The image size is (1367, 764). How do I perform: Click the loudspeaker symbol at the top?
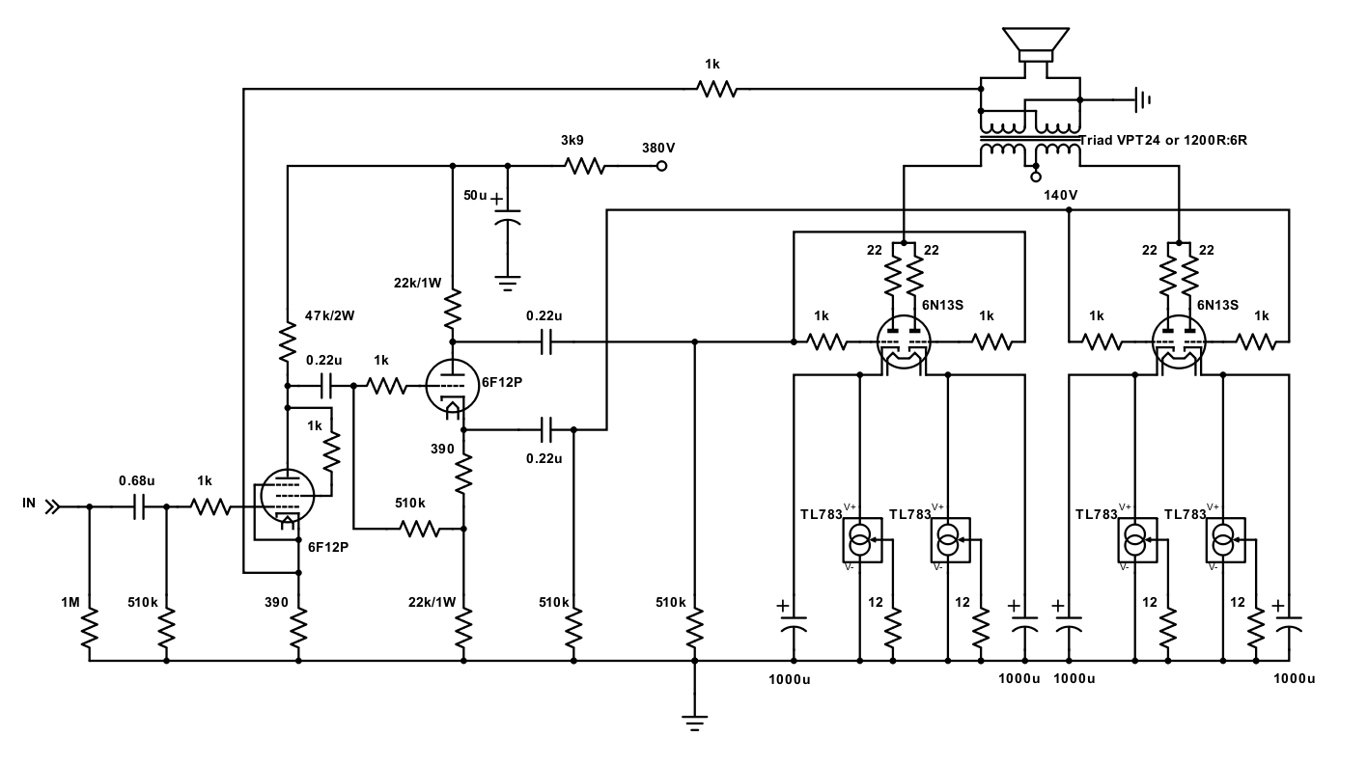tap(1035, 44)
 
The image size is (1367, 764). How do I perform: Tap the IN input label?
tap(29, 503)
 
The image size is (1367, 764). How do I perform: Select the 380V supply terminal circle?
tap(661, 166)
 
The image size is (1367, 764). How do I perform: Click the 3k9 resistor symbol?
tap(584, 166)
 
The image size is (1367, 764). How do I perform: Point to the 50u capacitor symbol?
tap(507, 218)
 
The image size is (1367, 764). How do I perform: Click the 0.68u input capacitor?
tap(139, 506)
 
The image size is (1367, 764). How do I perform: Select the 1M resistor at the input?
tap(90, 629)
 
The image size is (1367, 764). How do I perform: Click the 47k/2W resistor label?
tap(329, 315)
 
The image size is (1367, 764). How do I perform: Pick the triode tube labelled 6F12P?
tap(452, 385)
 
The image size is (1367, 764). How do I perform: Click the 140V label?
tap(1061, 195)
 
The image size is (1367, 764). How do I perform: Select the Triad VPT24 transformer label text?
tap(1163, 140)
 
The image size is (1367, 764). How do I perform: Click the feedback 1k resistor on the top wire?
tap(717, 90)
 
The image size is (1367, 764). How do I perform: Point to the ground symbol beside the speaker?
tap(1142, 99)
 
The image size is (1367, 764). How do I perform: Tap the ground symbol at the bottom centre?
tap(694, 723)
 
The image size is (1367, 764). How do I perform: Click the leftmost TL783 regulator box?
tap(862, 540)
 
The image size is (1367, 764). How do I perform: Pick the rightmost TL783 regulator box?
tap(1225, 540)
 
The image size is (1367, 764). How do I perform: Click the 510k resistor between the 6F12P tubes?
tap(420, 529)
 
